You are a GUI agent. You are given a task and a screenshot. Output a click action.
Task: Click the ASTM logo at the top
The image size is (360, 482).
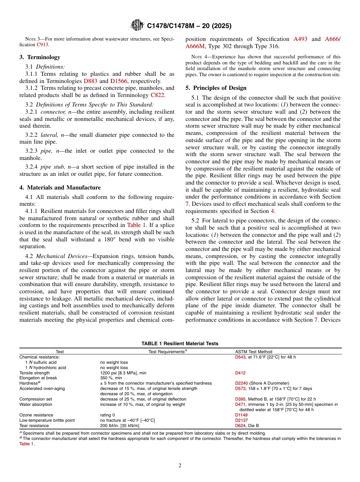click(137, 25)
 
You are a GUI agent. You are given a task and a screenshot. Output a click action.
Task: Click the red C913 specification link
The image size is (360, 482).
click(42, 45)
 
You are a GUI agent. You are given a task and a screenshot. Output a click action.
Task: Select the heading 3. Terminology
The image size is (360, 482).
click(39, 57)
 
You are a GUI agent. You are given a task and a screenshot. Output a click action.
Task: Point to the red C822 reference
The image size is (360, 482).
click(157, 95)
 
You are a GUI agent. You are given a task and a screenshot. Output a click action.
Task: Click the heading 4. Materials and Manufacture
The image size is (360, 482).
click(60, 188)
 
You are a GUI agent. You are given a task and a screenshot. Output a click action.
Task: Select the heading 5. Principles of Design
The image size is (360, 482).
click(216, 88)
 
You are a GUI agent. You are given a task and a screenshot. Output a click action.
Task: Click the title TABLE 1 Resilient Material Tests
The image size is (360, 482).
click(180, 344)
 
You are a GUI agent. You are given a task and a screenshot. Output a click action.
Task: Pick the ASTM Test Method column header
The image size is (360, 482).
click(254, 352)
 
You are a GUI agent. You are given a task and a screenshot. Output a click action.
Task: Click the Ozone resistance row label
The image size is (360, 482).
click(36, 415)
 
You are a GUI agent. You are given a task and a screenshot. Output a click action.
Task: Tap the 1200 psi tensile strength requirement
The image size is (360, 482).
click(123, 373)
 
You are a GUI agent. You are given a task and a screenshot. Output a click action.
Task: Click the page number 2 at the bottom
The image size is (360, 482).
click(180, 466)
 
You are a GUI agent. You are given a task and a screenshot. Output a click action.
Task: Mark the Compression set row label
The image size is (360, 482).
click(36, 399)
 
